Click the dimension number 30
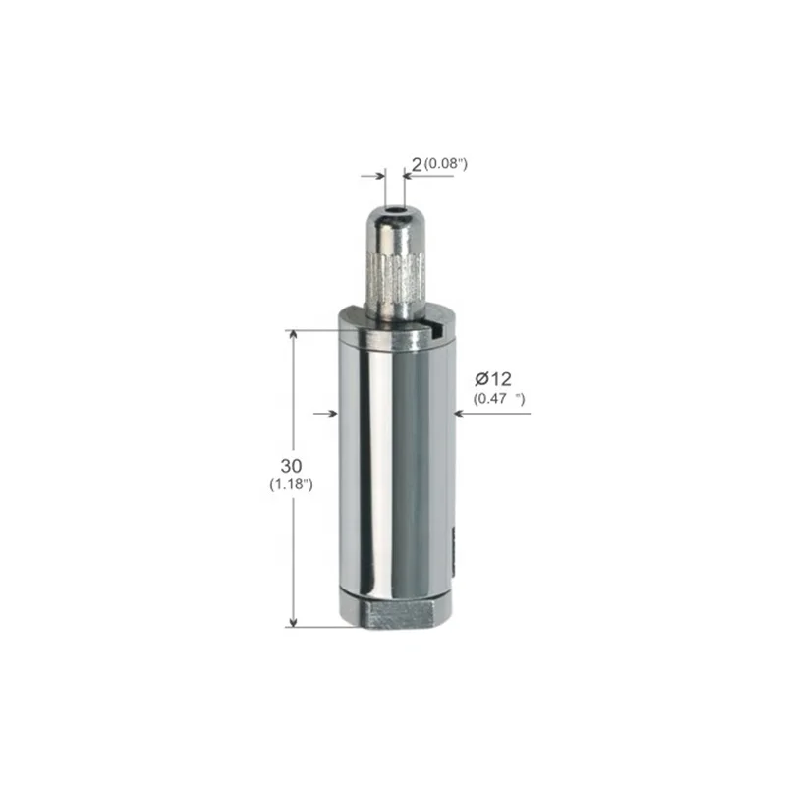[291, 466]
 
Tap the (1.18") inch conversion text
[291, 484]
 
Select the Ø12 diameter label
[493, 379]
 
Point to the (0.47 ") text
[499, 399]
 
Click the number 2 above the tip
[417, 164]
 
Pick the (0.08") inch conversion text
[446, 164]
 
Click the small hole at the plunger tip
[395, 210]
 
